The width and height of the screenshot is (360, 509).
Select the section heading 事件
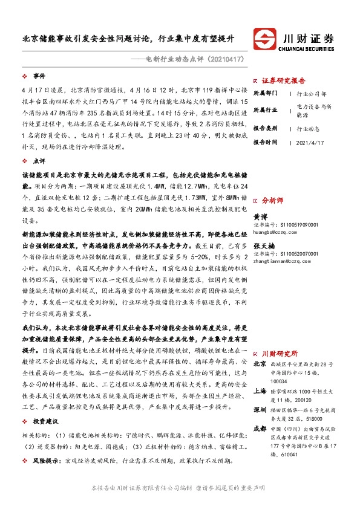(39, 76)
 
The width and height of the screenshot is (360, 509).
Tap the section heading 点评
(39, 161)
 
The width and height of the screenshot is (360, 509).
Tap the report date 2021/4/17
(310, 142)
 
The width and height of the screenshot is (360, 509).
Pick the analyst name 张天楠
(264, 246)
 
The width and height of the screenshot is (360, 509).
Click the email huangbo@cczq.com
(278, 231)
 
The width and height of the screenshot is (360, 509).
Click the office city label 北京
(260, 364)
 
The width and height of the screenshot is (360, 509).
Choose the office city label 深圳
(260, 410)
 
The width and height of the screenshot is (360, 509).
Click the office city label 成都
(260, 429)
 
